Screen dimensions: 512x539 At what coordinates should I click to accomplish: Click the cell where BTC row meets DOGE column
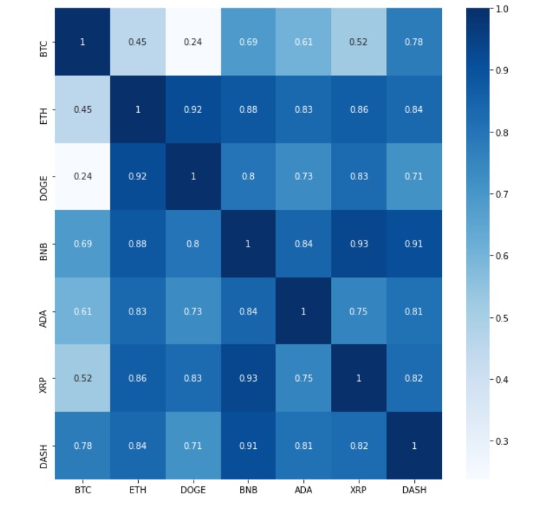193,42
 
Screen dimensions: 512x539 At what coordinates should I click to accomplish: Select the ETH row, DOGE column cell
193,109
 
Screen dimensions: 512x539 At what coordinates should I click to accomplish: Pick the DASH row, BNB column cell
248,445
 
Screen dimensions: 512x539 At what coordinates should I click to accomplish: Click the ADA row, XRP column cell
359,311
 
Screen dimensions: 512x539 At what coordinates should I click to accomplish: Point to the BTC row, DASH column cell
414,42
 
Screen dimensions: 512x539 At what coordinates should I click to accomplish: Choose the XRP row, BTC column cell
82,378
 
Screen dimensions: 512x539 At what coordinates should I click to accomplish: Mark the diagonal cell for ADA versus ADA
303,311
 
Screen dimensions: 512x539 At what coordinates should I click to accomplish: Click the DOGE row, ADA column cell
303,176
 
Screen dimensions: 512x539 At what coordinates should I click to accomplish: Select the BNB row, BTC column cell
82,243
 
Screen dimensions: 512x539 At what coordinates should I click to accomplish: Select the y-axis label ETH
44,109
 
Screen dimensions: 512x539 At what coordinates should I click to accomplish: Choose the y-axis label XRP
44,378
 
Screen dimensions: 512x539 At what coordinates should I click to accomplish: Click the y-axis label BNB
44,243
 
